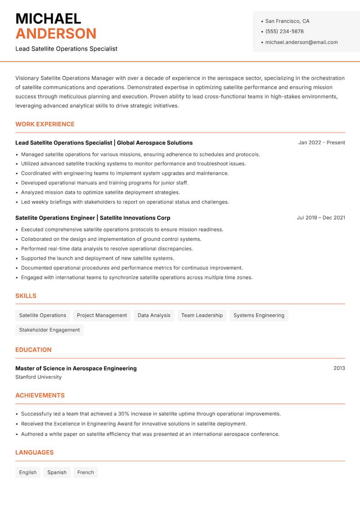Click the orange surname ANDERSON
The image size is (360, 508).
[x=56, y=34]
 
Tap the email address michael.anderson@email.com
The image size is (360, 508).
[x=301, y=42]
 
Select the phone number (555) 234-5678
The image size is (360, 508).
[x=284, y=31]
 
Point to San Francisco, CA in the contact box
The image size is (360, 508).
[x=287, y=21]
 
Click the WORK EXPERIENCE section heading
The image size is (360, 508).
[x=45, y=124]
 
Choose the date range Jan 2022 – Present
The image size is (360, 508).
[x=321, y=143]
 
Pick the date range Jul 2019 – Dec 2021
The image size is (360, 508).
[x=321, y=218]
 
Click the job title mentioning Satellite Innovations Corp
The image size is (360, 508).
[x=93, y=218]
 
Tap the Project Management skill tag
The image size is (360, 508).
[x=102, y=316]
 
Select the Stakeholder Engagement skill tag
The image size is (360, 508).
[x=49, y=330]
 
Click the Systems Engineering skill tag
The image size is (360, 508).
[x=259, y=316]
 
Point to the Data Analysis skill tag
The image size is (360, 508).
[x=154, y=316]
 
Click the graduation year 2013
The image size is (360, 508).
[x=339, y=368]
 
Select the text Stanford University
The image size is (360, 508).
[x=39, y=377]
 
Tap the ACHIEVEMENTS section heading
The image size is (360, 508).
[x=40, y=396]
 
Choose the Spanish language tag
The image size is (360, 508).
[x=57, y=472]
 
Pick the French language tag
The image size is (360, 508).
[x=85, y=472]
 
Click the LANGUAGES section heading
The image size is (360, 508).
[x=34, y=453]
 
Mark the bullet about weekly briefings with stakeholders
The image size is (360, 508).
[x=125, y=202]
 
